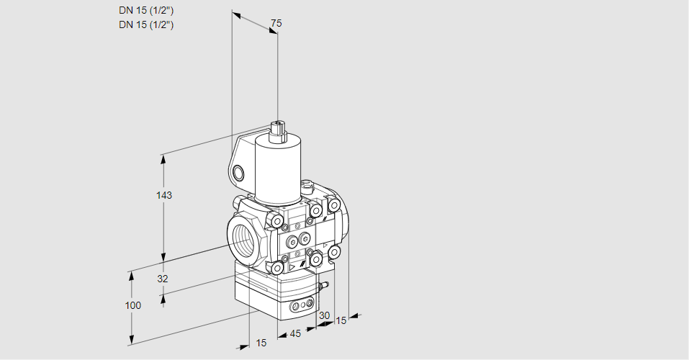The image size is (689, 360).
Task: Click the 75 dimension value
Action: tap(276, 24)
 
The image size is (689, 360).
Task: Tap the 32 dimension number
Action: tap(162, 279)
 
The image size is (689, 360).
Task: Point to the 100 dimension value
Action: tap(132, 305)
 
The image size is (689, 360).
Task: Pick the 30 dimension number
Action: tap(324, 315)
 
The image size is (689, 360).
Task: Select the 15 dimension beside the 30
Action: tap(341, 320)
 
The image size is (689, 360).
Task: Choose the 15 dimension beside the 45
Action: tap(261, 343)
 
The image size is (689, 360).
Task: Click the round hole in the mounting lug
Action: tap(238, 173)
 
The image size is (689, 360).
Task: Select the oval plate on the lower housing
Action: tap(302, 306)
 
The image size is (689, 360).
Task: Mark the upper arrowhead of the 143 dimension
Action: tap(164, 157)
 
